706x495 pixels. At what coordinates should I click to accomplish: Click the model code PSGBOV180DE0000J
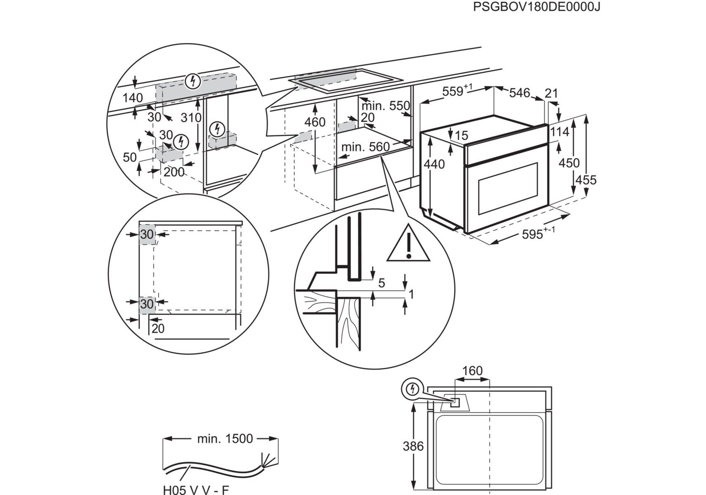click(x=536, y=7)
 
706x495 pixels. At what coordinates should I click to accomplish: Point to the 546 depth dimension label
click(x=519, y=93)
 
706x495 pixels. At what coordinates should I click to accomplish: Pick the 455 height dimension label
click(x=586, y=180)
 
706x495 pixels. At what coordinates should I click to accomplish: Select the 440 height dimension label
click(x=434, y=164)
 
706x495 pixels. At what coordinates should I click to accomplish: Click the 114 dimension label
click(x=559, y=132)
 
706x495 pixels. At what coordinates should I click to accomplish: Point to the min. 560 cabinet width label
click(x=365, y=147)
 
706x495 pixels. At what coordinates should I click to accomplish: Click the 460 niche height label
click(x=315, y=122)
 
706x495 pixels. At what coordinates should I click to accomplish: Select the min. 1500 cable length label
click(x=225, y=438)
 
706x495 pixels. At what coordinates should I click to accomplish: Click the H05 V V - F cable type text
click(x=196, y=490)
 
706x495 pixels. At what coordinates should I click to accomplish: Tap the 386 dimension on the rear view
click(x=413, y=446)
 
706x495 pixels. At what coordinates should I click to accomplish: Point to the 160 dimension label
click(x=472, y=371)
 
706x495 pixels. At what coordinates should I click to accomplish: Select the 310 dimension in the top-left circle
click(x=191, y=118)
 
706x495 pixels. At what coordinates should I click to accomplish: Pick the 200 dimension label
click(x=174, y=172)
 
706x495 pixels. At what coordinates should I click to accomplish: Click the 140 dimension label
click(x=133, y=98)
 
